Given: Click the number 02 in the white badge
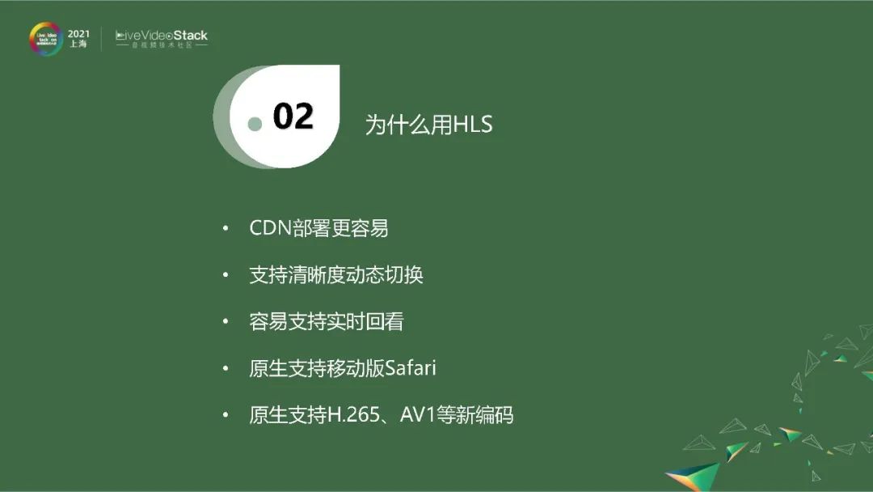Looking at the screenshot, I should click(x=293, y=117).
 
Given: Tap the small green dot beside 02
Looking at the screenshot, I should click(x=255, y=124).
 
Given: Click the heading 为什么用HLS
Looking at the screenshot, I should click(x=428, y=125).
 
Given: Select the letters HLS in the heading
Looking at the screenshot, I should click(x=473, y=125).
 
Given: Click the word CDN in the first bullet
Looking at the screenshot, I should click(x=269, y=228).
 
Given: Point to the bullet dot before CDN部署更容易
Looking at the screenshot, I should click(x=226, y=229).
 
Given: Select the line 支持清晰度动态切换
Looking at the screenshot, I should click(x=336, y=275).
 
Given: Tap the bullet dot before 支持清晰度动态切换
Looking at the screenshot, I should click(x=226, y=276).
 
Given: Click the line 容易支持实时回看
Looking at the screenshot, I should click(x=327, y=322).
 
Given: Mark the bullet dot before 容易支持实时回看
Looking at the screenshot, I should click(x=226, y=323).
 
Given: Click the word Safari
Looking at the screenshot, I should click(x=411, y=368).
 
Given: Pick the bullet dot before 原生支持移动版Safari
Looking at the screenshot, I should click(x=226, y=369).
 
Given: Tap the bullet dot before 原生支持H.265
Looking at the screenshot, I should click(x=226, y=416).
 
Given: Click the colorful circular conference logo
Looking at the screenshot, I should click(x=46, y=39).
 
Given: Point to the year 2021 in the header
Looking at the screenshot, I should click(x=78, y=33).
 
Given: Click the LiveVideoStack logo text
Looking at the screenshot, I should click(x=162, y=36).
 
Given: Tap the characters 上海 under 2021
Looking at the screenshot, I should click(x=78, y=45).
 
